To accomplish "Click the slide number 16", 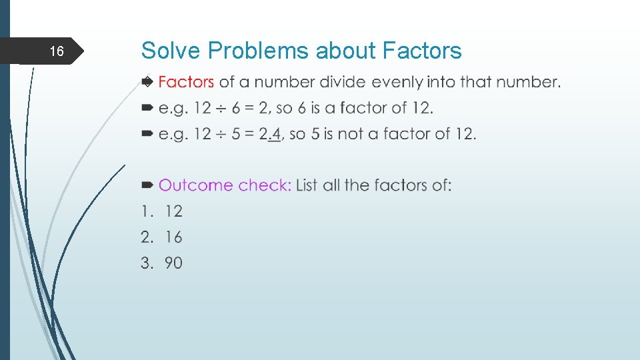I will click(x=57, y=51).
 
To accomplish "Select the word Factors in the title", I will click(x=422, y=51).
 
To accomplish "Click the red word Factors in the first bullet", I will click(x=186, y=82).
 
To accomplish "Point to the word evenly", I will click(x=397, y=82).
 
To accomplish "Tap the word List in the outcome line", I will click(x=307, y=185).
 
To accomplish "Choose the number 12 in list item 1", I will click(x=173, y=211).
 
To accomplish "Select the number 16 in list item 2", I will click(x=173, y=237).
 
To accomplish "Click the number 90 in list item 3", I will click(x=173, y=263).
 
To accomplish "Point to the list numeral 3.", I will click(x=145, y=263).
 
